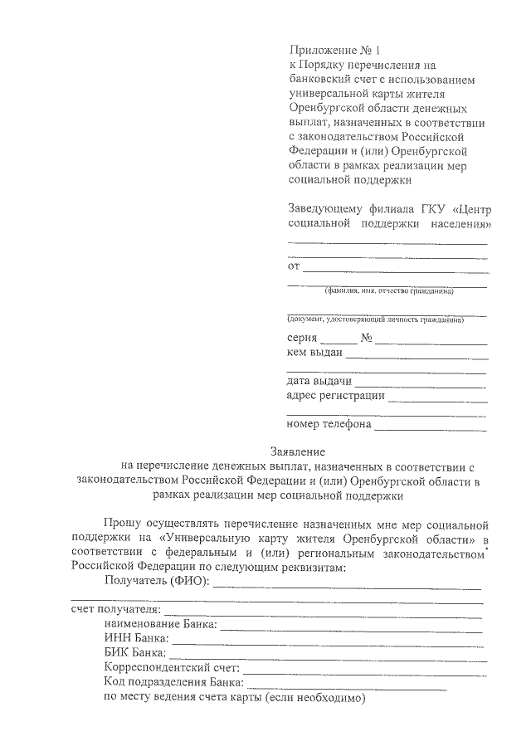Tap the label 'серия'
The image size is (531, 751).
(301, 339)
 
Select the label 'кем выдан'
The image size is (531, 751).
(314, 354)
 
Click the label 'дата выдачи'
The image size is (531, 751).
(319, 382)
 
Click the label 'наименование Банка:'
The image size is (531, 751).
(161, 624)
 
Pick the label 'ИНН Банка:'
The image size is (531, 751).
(136, 638)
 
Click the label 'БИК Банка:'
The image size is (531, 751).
(135, 652)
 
